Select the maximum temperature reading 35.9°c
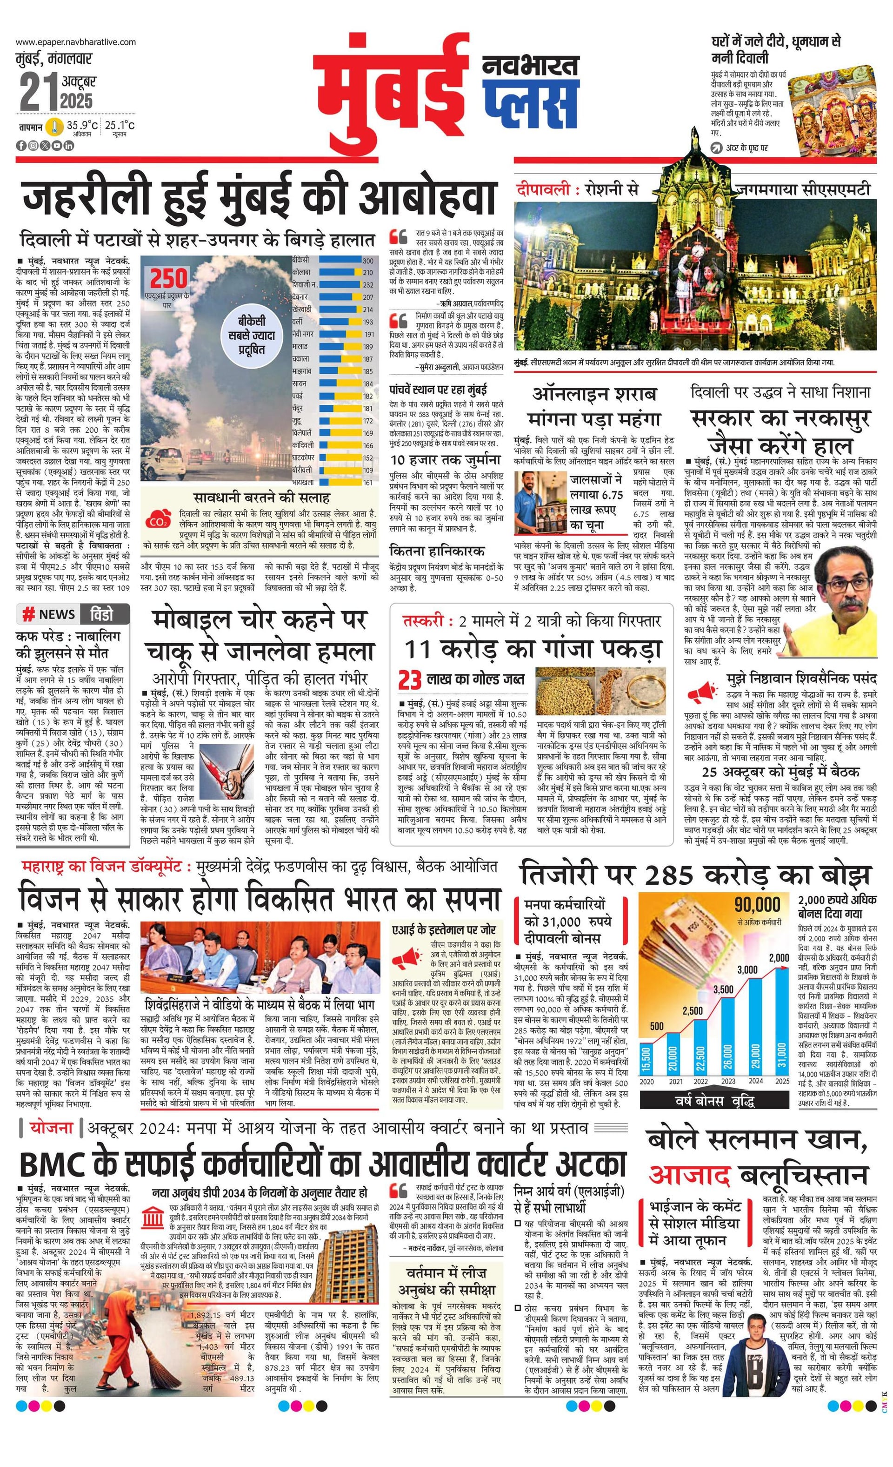tap(81, 125)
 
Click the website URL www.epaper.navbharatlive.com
tap(75, 42)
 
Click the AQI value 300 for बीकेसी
tap(368, 261)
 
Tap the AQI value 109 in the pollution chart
tap(368, 470)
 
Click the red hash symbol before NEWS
tap(28, 614)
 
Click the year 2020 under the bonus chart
tap(646, 1081)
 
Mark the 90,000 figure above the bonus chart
tap(757, 905)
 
